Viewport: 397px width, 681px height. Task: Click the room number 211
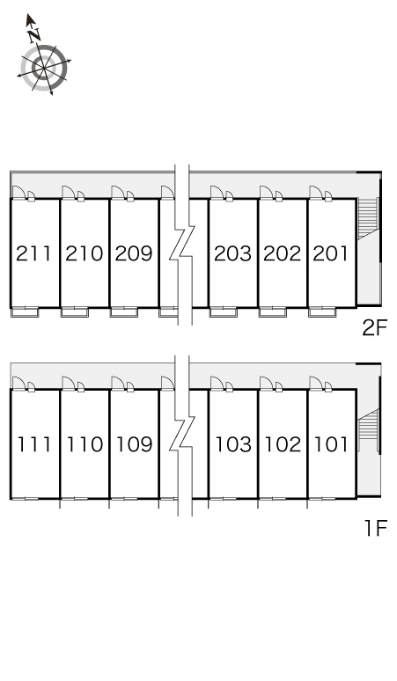pos(33,253)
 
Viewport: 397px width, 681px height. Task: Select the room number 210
pos(85,253)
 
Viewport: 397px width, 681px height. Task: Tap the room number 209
pos(134,253)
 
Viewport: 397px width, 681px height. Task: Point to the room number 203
pos(232,253)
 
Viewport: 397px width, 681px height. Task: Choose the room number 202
pos(283,253)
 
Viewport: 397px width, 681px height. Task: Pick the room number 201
pos(331,253)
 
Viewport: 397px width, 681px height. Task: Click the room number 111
pos(33,444)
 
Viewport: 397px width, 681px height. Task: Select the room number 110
pos(85,444)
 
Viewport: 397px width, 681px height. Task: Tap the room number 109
pos(134,444)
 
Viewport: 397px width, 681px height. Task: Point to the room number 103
pos(233,444)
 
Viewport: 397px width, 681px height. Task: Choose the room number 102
pos(283,444)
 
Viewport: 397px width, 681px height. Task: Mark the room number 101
pos(331,444)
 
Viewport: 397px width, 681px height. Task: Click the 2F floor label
pos(374,328)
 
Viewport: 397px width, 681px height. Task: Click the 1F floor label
pos(375,528)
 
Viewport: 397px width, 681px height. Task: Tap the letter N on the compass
pos(34,34)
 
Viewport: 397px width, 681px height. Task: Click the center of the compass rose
pos(44,68)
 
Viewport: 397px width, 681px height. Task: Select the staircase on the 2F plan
pos(368,218)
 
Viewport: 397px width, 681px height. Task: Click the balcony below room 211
pos(25,311)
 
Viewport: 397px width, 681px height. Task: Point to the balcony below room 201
pos(322,311)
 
